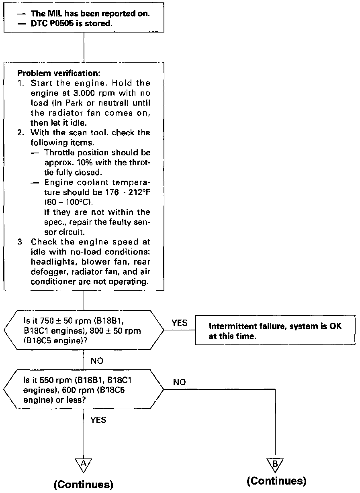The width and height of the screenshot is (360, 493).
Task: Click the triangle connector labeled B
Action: pyautogui.click(x=275, y=464)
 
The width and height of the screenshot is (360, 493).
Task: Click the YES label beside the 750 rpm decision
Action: pyautogui.click(x=179, y=323)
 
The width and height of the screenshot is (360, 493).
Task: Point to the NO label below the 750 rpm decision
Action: pyautogui.click(x=97, y=361)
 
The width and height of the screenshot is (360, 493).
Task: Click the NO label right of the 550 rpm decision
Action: pyautogui.click(x=179, y=383)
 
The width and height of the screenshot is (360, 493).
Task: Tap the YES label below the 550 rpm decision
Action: pyautogui.click(x=98, y=420)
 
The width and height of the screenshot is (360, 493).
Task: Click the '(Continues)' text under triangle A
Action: pyautogui.click(x=84, y=484)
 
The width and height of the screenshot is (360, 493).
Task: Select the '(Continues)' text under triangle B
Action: pyautogui.click(x=276, y=481)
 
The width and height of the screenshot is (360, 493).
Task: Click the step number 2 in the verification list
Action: pyautogui.click(x=20, y=133)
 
